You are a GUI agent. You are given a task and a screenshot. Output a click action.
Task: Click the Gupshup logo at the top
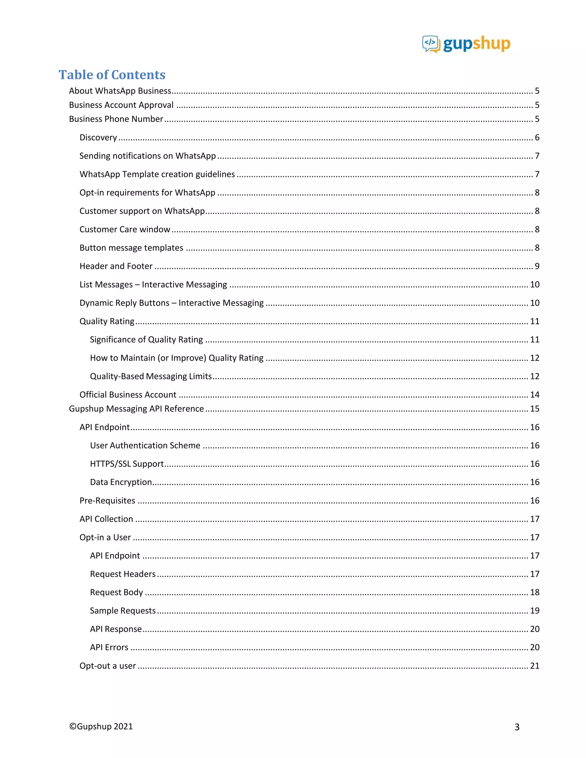point(466,44)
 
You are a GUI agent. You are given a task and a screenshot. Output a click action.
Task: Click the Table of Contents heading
point(112,75)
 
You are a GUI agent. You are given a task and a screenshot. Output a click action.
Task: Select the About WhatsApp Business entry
point(120,91)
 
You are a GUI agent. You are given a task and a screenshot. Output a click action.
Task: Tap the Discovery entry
point(98,137)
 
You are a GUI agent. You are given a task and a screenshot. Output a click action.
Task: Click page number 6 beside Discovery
point(537,137)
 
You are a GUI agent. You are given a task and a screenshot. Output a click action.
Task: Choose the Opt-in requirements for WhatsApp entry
point(147,193)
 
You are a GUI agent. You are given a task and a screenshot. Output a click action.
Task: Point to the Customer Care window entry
point(125,229)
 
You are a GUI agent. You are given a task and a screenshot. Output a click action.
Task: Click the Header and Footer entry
point(116,266)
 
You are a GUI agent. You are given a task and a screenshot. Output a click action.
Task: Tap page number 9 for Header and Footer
point(537,266)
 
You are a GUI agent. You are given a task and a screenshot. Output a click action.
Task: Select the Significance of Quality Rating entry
point(146,340)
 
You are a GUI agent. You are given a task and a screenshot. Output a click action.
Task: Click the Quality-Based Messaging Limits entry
point(151,376)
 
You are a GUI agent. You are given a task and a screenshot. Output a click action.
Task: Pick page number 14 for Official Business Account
point(534,395)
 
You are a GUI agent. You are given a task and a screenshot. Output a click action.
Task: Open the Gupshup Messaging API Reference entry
point(136,409)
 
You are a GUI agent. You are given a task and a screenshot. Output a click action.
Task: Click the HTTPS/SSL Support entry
point(127,464)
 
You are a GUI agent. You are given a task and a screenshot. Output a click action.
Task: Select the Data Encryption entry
point(121,482)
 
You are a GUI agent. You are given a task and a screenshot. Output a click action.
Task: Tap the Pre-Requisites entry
point(107,501)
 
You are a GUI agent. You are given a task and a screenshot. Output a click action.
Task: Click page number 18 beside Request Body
point(534,592)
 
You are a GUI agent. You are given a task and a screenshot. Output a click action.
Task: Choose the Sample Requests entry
point(122,610)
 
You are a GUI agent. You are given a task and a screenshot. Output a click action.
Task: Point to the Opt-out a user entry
point(108,666)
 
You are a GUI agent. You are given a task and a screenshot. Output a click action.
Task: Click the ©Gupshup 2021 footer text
point(101,727)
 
